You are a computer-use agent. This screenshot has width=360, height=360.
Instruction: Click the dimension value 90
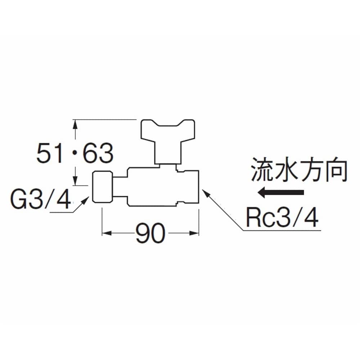150,233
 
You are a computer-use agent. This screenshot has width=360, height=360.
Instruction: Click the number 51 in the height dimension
50,153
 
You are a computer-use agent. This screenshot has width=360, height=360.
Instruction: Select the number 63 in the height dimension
98,153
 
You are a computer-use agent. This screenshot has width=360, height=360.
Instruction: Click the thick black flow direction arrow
280,192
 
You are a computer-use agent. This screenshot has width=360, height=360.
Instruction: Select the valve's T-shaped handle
168,141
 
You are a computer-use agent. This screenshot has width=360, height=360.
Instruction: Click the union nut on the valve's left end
103,187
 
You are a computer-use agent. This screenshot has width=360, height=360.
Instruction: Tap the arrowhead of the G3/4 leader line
85,201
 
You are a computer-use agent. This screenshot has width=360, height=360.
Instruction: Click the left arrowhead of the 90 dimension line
107,233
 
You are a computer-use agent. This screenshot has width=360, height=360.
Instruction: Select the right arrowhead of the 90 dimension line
194,233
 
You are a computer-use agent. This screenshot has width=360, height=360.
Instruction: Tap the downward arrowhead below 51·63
75,180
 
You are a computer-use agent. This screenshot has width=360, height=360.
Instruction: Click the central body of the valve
152,187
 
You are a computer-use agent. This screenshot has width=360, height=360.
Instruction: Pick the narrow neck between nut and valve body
120,187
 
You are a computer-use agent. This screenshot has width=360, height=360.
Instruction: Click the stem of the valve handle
168,153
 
